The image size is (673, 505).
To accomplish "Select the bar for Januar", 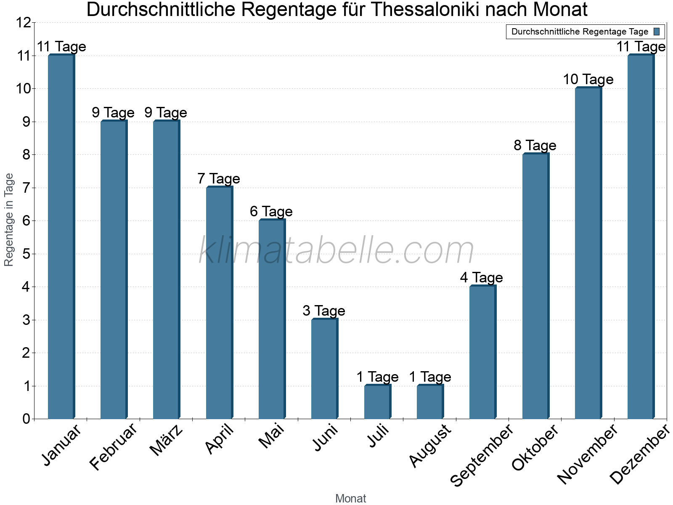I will tap(61, 237).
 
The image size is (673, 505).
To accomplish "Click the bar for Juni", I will tap(324, 369).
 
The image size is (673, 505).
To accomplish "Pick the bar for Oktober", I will tap(535, 286).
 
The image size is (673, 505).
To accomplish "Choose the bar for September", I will tap(482, 352).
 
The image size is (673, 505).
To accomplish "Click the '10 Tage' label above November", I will tap(588, 79).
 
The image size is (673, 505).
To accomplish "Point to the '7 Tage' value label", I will tap(219, 178).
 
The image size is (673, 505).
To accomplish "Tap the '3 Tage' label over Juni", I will tap(324, 311).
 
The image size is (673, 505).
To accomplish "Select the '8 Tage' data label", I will tap(535, 145).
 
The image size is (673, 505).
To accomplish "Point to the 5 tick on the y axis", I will tap(26, 254).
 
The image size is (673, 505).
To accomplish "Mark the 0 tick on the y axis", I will tap(26, 419).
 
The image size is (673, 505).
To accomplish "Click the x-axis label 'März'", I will tap(167, 441).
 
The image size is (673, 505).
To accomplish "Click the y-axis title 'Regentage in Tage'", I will tap(9, 220).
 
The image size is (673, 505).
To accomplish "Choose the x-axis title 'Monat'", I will tap(351, 498).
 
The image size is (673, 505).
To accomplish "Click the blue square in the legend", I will tap(657, 32).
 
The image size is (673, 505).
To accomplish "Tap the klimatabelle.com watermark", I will tap(336, 250).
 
